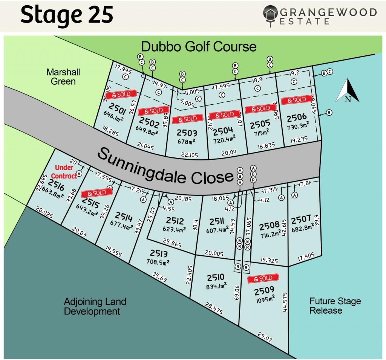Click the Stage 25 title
[67, 15]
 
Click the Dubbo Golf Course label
[199, 47]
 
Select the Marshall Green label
[61, 76]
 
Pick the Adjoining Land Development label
[95, 307]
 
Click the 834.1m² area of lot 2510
[216, 287]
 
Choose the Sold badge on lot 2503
[185, 119]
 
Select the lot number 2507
[301, 219]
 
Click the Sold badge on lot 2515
[97, 192]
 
